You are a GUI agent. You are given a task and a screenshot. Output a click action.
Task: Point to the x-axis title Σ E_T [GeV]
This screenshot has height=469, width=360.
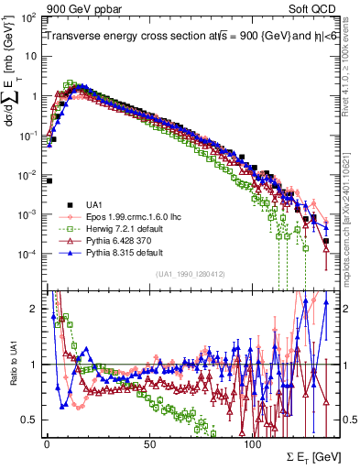[x=302, y=455]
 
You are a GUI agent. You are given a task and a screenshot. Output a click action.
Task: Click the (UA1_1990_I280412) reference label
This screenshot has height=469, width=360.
[x=191, y=274]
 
